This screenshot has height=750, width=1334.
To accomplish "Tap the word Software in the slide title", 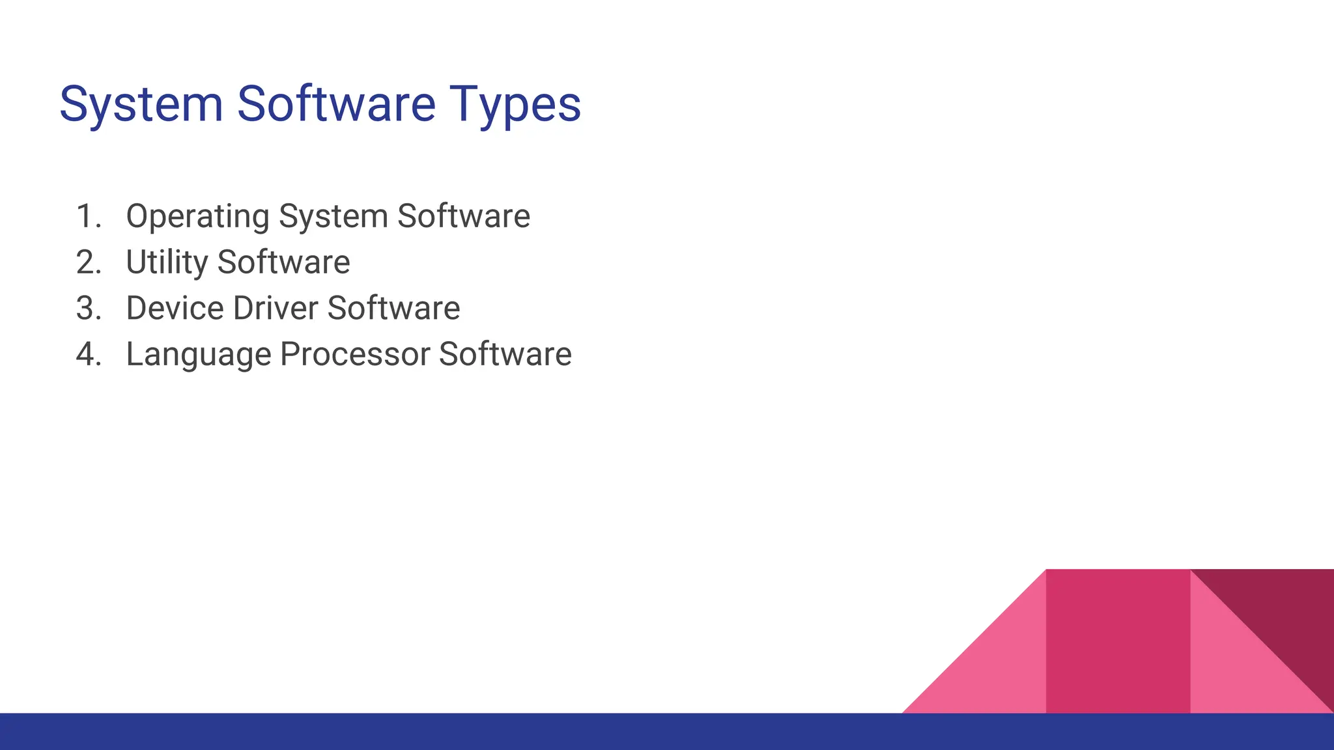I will coord(336,104).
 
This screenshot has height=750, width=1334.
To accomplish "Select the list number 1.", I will coord(88,216).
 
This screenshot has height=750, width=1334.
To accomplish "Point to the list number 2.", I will coord(88,262).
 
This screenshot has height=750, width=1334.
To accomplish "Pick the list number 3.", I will coord(88,309).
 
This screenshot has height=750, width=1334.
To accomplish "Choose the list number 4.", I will coord(88,355).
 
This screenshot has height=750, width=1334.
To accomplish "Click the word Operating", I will coord(197,217).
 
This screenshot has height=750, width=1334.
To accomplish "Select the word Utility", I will coord(167,262).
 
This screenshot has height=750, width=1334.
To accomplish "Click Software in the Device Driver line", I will coord(393,309).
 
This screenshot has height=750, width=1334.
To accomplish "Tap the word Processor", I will coord(355,355).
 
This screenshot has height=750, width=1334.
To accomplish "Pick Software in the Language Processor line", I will coord(505,355).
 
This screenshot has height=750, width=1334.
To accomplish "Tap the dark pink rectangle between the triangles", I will coord(1118,641).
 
